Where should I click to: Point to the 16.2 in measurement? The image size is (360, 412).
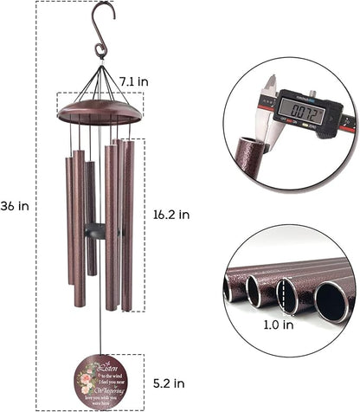click(170, 211)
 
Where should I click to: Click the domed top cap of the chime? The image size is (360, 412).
click(99, 110)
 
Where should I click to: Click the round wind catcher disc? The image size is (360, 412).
click(100, 379)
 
